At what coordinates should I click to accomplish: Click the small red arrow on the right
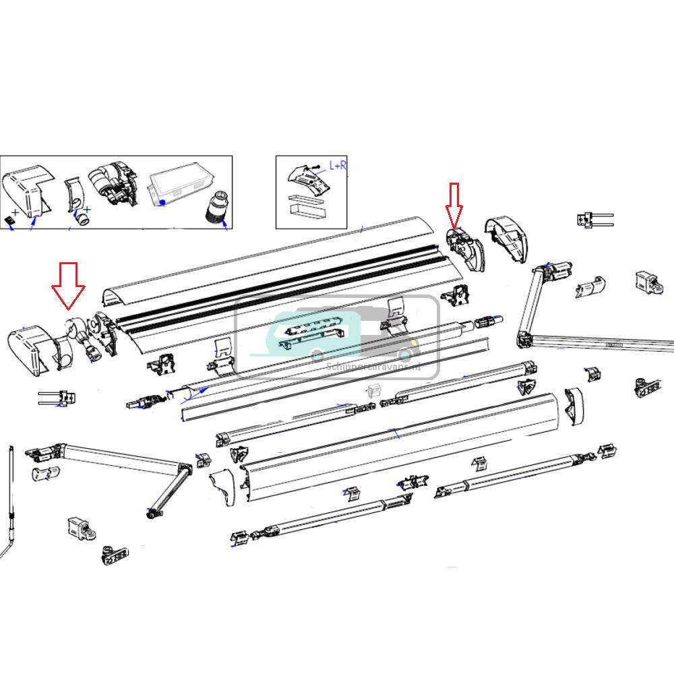tap(454, 204)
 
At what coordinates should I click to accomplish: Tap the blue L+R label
tap(337, 165)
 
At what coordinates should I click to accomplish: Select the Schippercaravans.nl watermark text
tap(373, 367)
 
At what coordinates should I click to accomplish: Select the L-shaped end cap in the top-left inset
tap(27, 191)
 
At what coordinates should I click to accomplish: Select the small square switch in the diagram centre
tap(375, 390)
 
